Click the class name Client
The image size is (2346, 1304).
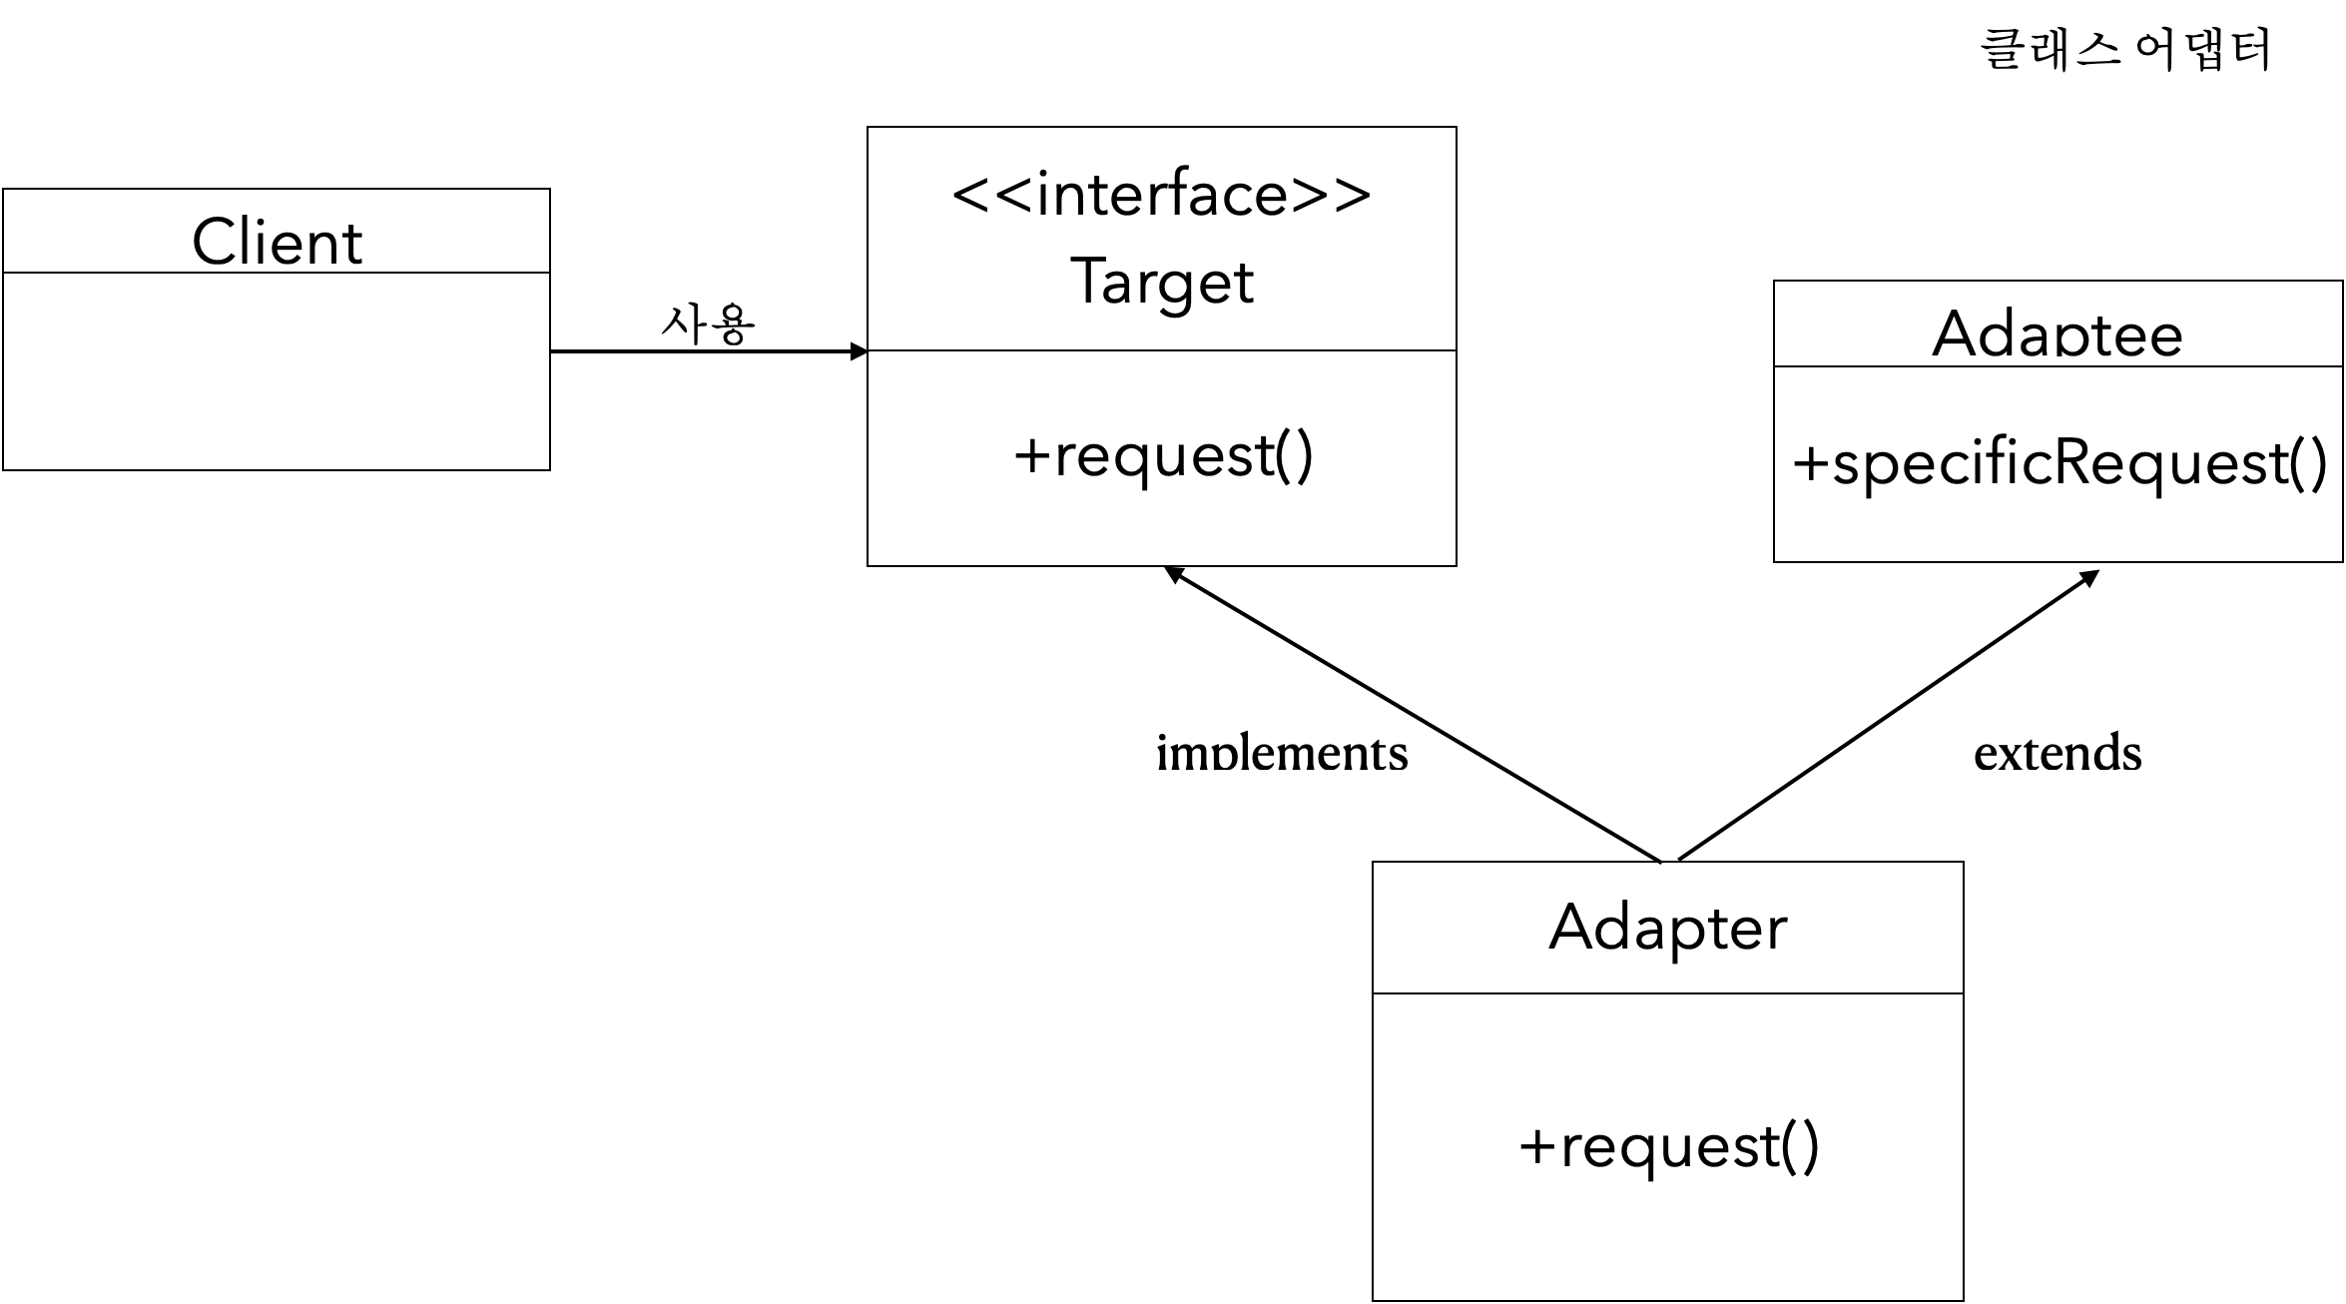coord(277,243)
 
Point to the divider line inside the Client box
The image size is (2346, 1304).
coord(277,273)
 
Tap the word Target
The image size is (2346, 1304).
coord(1161,282)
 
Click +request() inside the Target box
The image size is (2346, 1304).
coord(1163,456)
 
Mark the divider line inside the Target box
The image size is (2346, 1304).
coord(1161,350)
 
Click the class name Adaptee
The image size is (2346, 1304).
coord(2056,334)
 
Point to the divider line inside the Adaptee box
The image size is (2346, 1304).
coord(2056,367)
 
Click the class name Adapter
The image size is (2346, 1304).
coord(1667,928)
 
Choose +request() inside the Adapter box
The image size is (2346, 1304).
coord(1668,1146)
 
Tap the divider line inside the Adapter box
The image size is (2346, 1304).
coord(1667,993)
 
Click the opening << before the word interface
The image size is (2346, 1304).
coord(990,195)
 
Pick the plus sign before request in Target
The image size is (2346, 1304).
coord(1031,457)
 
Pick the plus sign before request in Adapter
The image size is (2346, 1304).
coord(1536,1147)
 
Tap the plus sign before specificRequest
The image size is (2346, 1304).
coord(1810,464)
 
